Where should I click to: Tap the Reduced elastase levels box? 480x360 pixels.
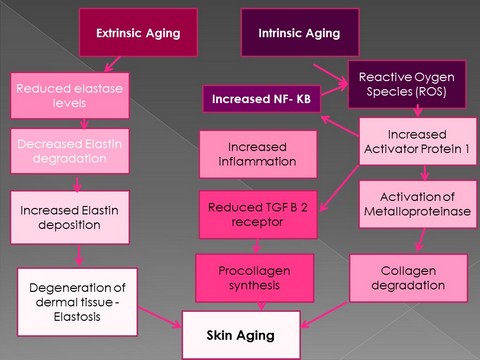(64, 96)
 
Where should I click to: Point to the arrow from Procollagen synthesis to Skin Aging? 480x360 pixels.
(251, 305)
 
